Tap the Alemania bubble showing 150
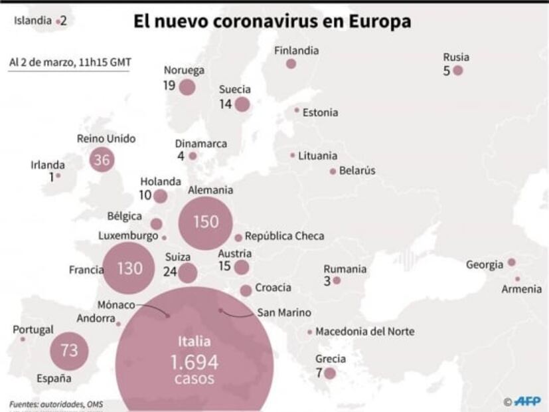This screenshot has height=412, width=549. point(206,221)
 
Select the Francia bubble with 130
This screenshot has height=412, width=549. point(129,268)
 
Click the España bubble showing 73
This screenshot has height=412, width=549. point(70,350)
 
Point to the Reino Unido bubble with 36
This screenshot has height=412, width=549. point(102,159)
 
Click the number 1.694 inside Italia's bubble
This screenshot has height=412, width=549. point(194,362)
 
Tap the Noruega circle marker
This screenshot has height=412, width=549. point(187,87)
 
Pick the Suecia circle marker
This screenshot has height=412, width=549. point(242,104)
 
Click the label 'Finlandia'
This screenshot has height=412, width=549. point(296,51)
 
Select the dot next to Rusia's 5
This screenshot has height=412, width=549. point(457,70)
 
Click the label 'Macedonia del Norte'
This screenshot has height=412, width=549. point(364,331)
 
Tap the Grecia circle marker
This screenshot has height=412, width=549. point(329,373)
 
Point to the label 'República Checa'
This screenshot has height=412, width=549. point(284,236)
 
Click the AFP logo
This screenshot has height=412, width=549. point(527,401)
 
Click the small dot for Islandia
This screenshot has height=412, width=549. point(58,22)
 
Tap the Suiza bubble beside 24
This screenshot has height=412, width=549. point(188,273)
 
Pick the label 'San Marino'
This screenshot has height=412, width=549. point(284,312)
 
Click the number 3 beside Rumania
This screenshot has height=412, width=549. point(327,281)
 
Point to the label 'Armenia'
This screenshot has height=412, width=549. point(521,289)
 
